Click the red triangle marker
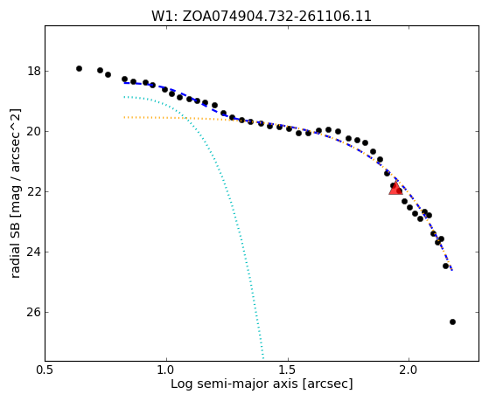click(395, 189)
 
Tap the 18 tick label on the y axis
click(34, 71)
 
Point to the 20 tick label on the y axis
click(34, 131)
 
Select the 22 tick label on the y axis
click(34, 191)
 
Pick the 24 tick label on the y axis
click(34, 252)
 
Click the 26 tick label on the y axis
click(34, 312)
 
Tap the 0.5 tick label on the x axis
click(45, 370)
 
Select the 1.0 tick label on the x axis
click(166, 370)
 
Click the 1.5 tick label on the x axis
click(288, 370)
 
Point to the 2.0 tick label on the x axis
click(409, 370)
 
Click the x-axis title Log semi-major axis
click(234, 384)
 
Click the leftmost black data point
click(79, 68)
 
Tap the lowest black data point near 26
click(452, 321)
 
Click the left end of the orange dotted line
click(124, 117)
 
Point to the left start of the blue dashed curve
click(124, 83)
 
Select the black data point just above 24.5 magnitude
click(445, 266)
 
